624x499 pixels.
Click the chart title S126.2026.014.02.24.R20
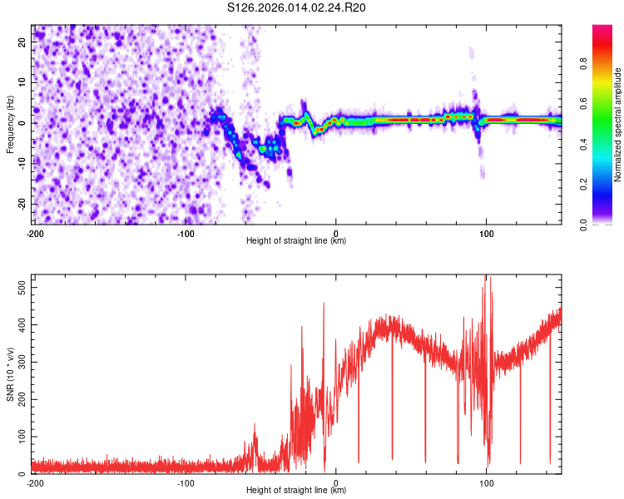coord(297,7)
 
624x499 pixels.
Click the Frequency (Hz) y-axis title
coord(10,125)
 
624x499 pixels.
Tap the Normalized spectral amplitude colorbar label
coord(617,125)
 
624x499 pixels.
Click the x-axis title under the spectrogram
coord(296,241)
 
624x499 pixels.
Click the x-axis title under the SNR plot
coord(296,491)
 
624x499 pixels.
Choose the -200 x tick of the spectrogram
coord(34,234)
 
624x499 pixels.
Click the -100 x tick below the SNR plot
coord(186,482)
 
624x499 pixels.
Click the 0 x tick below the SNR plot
coord(336,482)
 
